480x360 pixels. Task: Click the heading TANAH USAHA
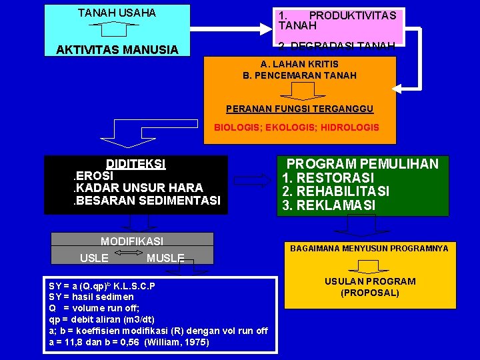(117, 13)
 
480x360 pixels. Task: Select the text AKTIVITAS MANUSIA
(117, 50)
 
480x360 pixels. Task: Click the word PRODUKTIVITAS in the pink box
(353, 15)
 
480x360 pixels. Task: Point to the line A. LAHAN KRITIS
(299, 64)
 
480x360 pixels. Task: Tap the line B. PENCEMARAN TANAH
(299, 75)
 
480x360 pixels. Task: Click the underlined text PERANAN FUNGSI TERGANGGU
(299, 109)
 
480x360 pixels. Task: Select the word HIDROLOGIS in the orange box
(353, 127)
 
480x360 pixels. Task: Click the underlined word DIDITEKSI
(136, 164)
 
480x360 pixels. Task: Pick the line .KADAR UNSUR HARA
(138, 188)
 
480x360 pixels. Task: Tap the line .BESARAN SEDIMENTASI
(146, 200)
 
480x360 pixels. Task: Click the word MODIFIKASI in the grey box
(131, 241)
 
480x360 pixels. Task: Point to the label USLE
(94, 257)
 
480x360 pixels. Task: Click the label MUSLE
(165, 258)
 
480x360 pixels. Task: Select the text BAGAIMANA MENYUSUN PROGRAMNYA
(369, 249)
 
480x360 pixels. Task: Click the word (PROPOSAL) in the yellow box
(369, 293)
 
